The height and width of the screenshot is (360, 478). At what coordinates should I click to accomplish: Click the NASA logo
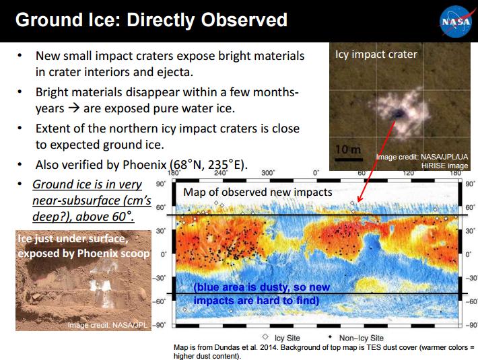coord(456,22)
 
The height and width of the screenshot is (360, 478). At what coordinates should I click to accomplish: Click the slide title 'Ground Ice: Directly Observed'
coord(151,20)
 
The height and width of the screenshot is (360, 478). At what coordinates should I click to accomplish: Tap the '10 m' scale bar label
coord(348,149)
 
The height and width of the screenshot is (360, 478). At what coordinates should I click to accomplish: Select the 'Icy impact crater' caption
coord(376,55)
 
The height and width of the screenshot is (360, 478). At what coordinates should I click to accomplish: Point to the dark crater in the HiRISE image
coord(397,114)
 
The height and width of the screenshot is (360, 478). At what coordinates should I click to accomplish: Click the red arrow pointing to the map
coord(376,161)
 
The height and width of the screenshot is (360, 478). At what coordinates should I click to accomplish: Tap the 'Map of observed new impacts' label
coord(258,192)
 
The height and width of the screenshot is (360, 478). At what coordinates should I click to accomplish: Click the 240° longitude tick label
coord(220,173)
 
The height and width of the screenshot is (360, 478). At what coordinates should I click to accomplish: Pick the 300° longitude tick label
coord(268,173)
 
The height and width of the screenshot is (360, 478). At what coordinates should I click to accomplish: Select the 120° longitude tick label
coord(409,173)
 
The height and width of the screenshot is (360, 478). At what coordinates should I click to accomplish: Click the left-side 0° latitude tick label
coord(164,254)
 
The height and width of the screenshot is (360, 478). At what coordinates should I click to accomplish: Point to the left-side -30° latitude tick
coord(159,278)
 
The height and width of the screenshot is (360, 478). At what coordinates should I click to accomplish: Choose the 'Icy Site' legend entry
coord(281,338)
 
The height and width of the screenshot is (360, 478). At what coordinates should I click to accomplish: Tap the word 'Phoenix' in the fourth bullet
coord(144,165)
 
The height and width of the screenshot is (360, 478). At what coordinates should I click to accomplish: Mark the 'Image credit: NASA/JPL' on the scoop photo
coord(107,325)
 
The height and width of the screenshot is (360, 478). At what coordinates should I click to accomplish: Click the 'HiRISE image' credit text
coord(444,166)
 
